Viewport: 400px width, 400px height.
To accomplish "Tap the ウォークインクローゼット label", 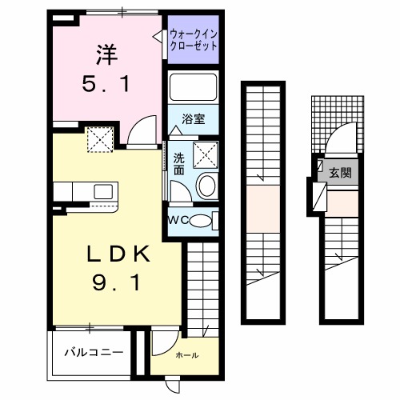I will (x=193, y=40).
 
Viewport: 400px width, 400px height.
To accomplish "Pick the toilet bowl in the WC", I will (x=204, y=221).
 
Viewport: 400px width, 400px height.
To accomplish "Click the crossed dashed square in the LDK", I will (x=100, y=142).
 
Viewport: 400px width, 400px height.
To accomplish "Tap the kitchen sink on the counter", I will (x=103, y=191).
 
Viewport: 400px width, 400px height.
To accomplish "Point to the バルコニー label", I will (x=94, y=351).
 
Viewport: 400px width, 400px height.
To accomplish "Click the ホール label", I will (x=186, y=354).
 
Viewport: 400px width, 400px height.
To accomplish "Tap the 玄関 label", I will (x=340, y=172).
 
